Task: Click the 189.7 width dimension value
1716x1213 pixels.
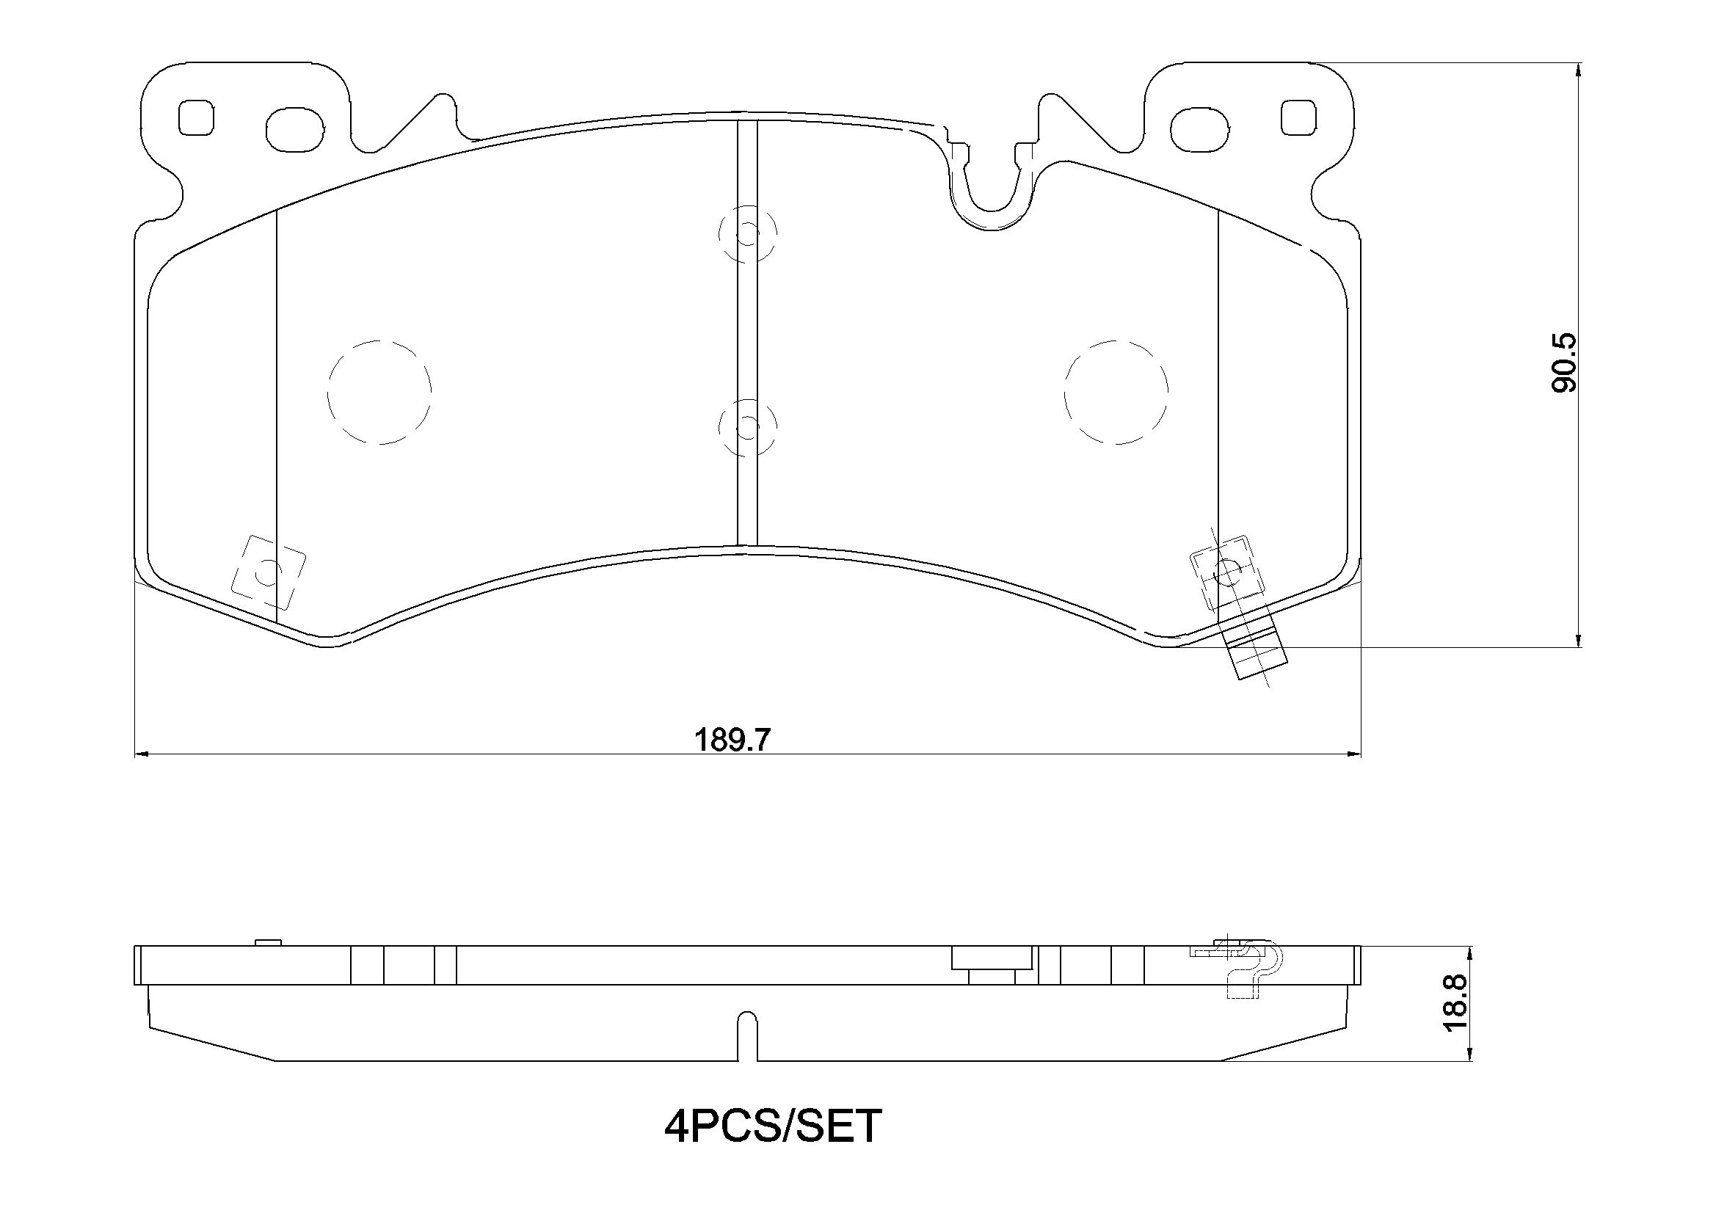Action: click(732, 740)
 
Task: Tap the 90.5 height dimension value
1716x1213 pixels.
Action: click(1563, 363)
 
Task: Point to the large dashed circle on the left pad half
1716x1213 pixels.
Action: click(379, 393)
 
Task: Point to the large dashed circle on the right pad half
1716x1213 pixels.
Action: click(1116, 393)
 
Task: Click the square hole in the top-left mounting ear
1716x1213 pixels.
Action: click(196, 117)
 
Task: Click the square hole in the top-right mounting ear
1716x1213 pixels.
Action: click(1298, 117)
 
